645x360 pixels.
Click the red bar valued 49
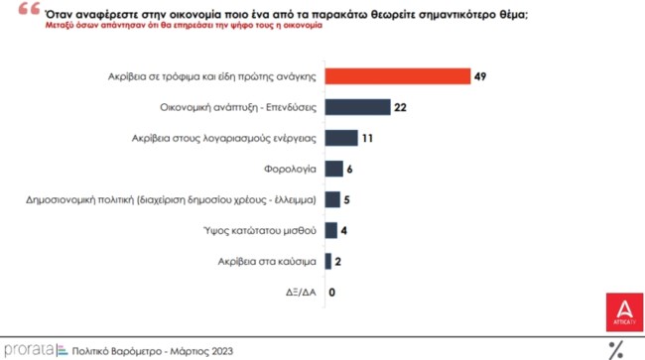(397, 76)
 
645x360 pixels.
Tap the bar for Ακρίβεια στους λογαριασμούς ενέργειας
(340, 138)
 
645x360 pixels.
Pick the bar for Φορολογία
(333, 169)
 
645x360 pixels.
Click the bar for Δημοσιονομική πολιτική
(332, 199)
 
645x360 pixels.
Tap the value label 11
(367, 138)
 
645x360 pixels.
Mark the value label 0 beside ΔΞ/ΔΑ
(331, 293)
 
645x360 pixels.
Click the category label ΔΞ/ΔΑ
(300, 293)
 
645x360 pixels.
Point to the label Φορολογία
(291, 169)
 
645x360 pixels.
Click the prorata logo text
(27, 349)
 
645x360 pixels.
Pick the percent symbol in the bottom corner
(615, 348)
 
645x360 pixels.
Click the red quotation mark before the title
(22, 10)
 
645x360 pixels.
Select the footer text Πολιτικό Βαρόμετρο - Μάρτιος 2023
(147, 349)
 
